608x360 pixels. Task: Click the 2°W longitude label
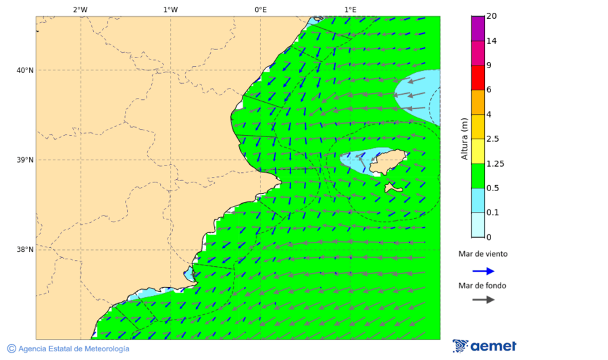80,9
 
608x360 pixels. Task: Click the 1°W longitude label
170,9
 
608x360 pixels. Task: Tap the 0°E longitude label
260,9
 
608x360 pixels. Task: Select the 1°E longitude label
350,9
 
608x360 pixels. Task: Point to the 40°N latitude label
24,70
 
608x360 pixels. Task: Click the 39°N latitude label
24,160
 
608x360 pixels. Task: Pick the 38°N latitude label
24,250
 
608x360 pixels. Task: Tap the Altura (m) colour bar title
464,138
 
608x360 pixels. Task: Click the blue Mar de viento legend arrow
483,271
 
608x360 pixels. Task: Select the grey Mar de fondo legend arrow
483,299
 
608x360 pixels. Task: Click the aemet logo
484,346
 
